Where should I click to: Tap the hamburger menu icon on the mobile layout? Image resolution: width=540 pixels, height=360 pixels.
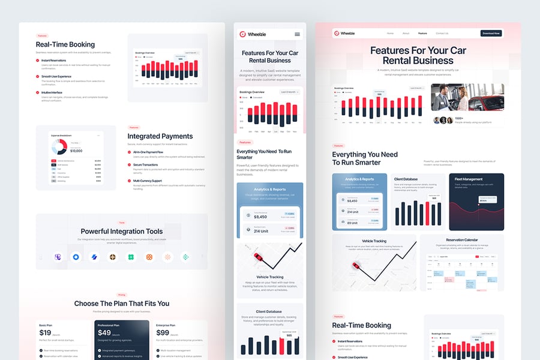pyautogui.click(x=297, y=34)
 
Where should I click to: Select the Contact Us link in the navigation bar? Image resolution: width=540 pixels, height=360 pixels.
pyautogui.click(x=442, y=33)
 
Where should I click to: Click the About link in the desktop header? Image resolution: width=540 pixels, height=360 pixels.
pyautogui.click(x=406, y=33)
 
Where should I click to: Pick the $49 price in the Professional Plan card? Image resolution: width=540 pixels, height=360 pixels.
pyautogui.click(x=104, y=332)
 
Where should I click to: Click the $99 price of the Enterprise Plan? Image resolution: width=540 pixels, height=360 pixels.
pyautogui.click(x=162, y=332)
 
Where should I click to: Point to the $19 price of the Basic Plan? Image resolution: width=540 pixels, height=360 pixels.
pyautogui.click(x=46, y=332)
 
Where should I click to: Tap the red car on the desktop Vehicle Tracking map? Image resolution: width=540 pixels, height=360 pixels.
pyautogui.click(x=355, y=265)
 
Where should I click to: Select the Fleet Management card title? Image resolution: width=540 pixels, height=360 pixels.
pyautogui.click(x=468, y=179)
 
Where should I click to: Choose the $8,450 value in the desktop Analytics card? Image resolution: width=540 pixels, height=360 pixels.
pyautogui.click(x=352, y=200)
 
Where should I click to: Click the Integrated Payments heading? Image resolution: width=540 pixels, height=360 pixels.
pyautogui.click(x=160, y=136)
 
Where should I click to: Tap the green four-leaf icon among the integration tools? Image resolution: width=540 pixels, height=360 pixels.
pyautogui.click(x=131, y=257)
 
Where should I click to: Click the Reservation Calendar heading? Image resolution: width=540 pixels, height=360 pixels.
pyautogui.click(x=461, y=241)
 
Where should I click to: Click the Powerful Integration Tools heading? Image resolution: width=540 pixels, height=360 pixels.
pyautogui.click(x=122, y=231)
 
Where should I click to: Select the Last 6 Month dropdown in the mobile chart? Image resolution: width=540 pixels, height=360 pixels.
pyautogui.click(x=289, y=92)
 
